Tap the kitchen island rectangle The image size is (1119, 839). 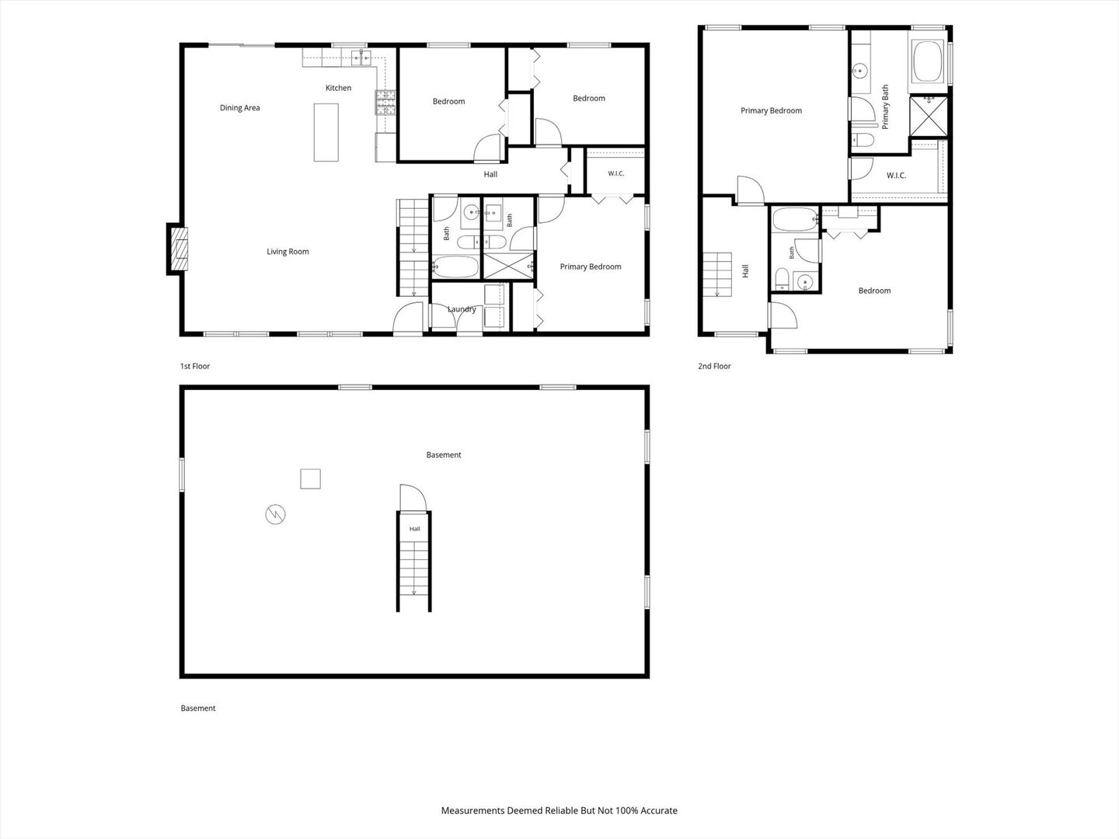click(326, 132)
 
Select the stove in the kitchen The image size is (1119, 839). click(385, 103)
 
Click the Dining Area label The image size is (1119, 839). click(239, 108)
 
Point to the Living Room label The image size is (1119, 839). click(288, 252)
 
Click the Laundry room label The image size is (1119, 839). click(462, 309)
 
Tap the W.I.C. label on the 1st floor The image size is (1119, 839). click(615, 174)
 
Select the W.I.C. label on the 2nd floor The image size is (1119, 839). click(896, 176)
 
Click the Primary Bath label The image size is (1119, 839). click(885, 106)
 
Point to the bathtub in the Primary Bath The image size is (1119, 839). click(928, 61)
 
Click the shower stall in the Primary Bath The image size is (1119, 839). click(929, 116)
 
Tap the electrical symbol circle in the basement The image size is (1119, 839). click(275, 514)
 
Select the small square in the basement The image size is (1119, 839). click(310, 479)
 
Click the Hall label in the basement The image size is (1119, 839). click(414, 529)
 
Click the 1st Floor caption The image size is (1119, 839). click(195, 366)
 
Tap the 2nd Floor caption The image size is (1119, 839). click(714, 366)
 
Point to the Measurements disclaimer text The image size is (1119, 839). click(559, 810)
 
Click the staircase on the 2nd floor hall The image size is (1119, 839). click(717, 274)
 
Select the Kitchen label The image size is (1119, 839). click(339, 88)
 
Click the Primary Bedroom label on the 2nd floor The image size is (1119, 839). click(771, 111)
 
